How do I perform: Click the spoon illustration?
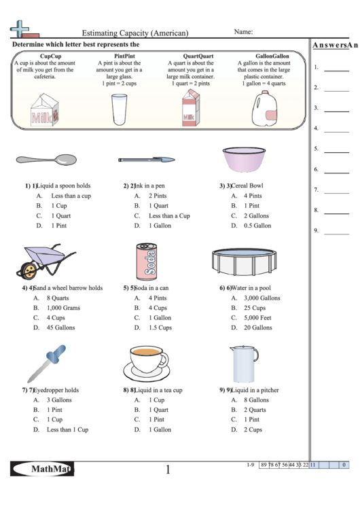pos(46,160)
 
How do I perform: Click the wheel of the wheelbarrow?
pos(29,270)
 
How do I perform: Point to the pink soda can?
pos(147,261)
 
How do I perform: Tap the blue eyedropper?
pos(48,364)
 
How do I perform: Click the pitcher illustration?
pos(243,364)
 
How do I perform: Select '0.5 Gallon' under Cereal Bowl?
pos(257,226)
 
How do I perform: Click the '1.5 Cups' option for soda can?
pos(160,328)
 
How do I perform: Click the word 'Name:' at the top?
pos(243,32)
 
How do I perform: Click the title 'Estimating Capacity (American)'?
pos(135,33)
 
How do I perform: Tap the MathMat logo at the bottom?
pos(42,469)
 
